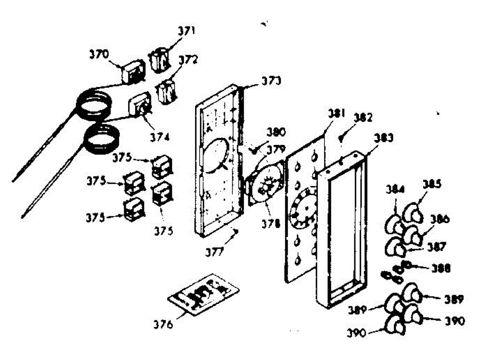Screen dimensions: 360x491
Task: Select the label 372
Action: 188,60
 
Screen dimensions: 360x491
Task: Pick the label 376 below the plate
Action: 164,324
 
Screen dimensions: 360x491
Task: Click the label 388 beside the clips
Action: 441,268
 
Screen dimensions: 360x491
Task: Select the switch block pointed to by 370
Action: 133,72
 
